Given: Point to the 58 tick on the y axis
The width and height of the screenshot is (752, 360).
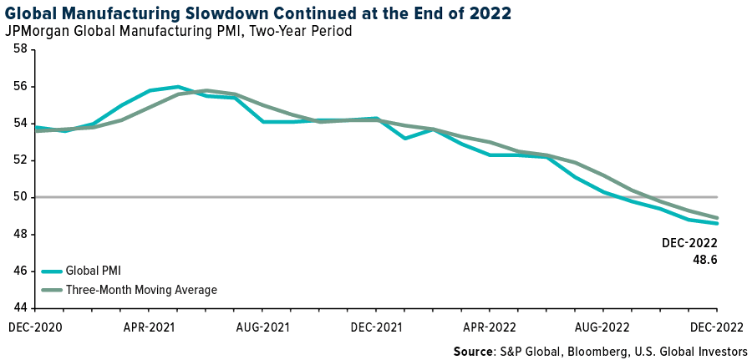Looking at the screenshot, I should pyautogui.click(x=18, y=50).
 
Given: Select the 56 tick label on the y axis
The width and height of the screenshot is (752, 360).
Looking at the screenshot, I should pyautogui.click(x=18, y=87).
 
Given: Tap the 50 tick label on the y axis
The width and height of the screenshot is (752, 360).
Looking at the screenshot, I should pyautogui.click(x=18, y=197).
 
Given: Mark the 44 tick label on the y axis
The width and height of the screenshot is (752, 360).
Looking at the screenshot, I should pyautogui.click(x=18, y=308).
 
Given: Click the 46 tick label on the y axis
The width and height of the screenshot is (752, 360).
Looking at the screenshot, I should pyautogui.click(x=18, y=271).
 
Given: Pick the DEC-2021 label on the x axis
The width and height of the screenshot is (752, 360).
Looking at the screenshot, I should pyautogui.click(x=375, y=327).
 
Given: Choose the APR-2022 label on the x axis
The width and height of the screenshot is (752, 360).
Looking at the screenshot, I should pyautogui.click(x=490, y=327).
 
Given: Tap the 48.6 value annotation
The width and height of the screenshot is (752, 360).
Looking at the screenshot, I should pyautogui.click(x=702, y=260).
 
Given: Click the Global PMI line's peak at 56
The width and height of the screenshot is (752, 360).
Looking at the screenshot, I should pyautogui.click(x=178, y=86).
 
